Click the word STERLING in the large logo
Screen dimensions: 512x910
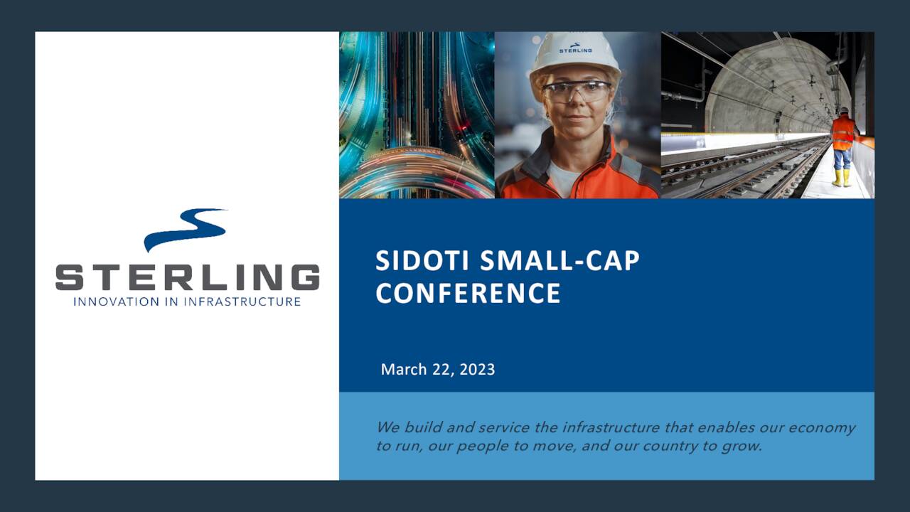click(x=187, y=277)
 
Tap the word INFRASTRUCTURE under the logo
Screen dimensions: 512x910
click(x=242, y=302)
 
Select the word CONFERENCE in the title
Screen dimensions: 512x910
click(x=468, y=293)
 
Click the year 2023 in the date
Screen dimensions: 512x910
click(x=477, y=370)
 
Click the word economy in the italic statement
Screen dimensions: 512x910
click(x=818, y=428)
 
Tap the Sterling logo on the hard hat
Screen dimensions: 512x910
click(x=575, y=48)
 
